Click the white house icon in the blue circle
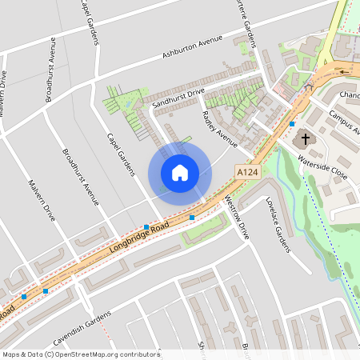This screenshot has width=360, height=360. point(179,173)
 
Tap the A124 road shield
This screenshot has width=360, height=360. point(247,171)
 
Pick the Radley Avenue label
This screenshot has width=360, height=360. point(221,128)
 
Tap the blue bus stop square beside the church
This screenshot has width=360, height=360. point(293,124)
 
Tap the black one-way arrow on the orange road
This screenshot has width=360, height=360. point(344,70)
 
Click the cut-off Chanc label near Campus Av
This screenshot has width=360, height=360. point(349,94)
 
